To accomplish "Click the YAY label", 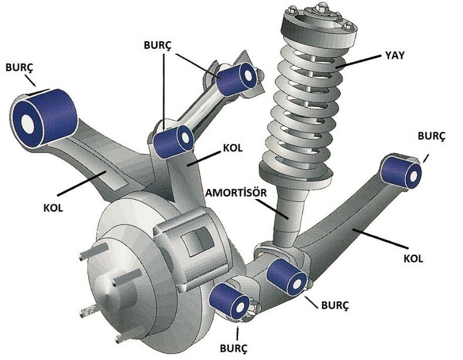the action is [394, 55].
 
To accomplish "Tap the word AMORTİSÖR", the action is [236, 193].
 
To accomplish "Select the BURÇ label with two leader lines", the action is [157, 45].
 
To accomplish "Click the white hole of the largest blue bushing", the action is [28, 123].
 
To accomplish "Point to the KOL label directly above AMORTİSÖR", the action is [233, 147].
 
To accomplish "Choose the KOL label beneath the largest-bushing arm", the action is [53, 207].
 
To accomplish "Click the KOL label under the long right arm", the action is [414, 259].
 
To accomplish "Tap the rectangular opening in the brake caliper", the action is [198, 240].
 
